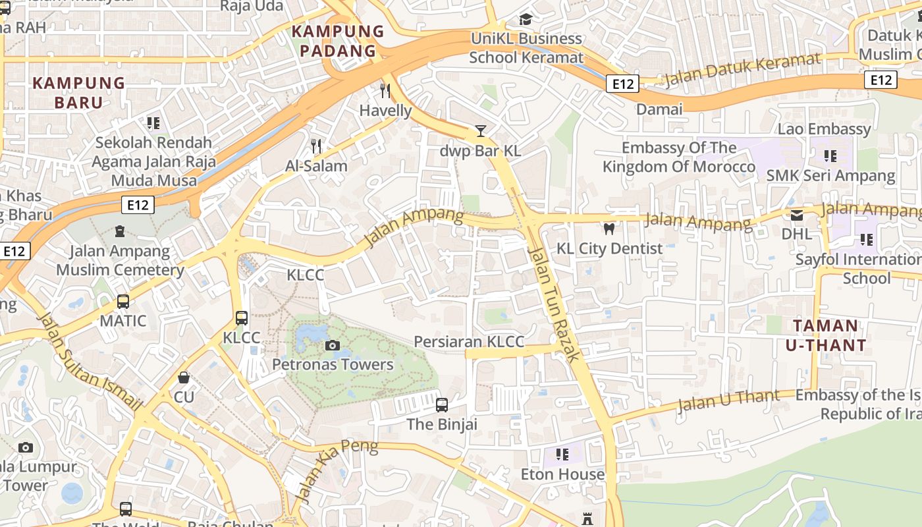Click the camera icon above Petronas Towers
333,345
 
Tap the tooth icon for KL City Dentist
609,229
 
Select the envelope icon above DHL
797,215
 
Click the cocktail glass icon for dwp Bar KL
481,131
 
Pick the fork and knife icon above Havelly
386,91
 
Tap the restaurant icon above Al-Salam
316,146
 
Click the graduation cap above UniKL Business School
526,20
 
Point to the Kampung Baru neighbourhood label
79,93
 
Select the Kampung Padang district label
338,41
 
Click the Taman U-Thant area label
826,335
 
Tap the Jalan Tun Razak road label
555,304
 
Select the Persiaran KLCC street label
469,341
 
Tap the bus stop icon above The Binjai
442,404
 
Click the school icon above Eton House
562,455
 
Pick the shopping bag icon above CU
184,378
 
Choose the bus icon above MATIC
123,302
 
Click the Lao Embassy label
824,128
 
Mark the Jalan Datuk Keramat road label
742,70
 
